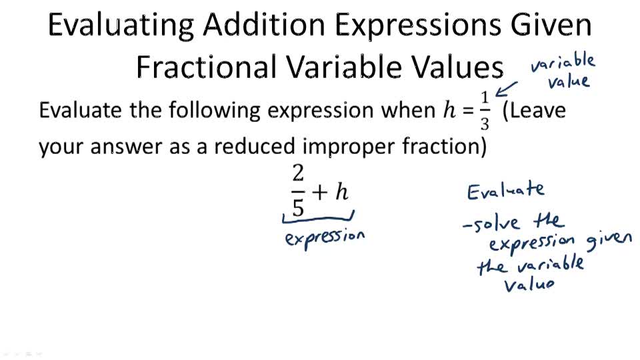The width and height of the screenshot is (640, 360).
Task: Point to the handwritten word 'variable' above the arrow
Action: [x=563, y=63]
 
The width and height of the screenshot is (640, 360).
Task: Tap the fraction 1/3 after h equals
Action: [x=485, y=111]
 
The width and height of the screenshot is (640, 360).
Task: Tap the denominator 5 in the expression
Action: [x=298, y=207]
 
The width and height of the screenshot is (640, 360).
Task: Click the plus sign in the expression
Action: [x=321, y=193]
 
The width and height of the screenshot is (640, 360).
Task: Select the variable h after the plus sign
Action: [x=341, y=192]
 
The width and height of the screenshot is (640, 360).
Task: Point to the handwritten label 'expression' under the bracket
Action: [x=325, y=237]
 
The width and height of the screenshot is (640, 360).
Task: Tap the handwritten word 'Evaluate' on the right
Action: [x=505, y=191]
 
